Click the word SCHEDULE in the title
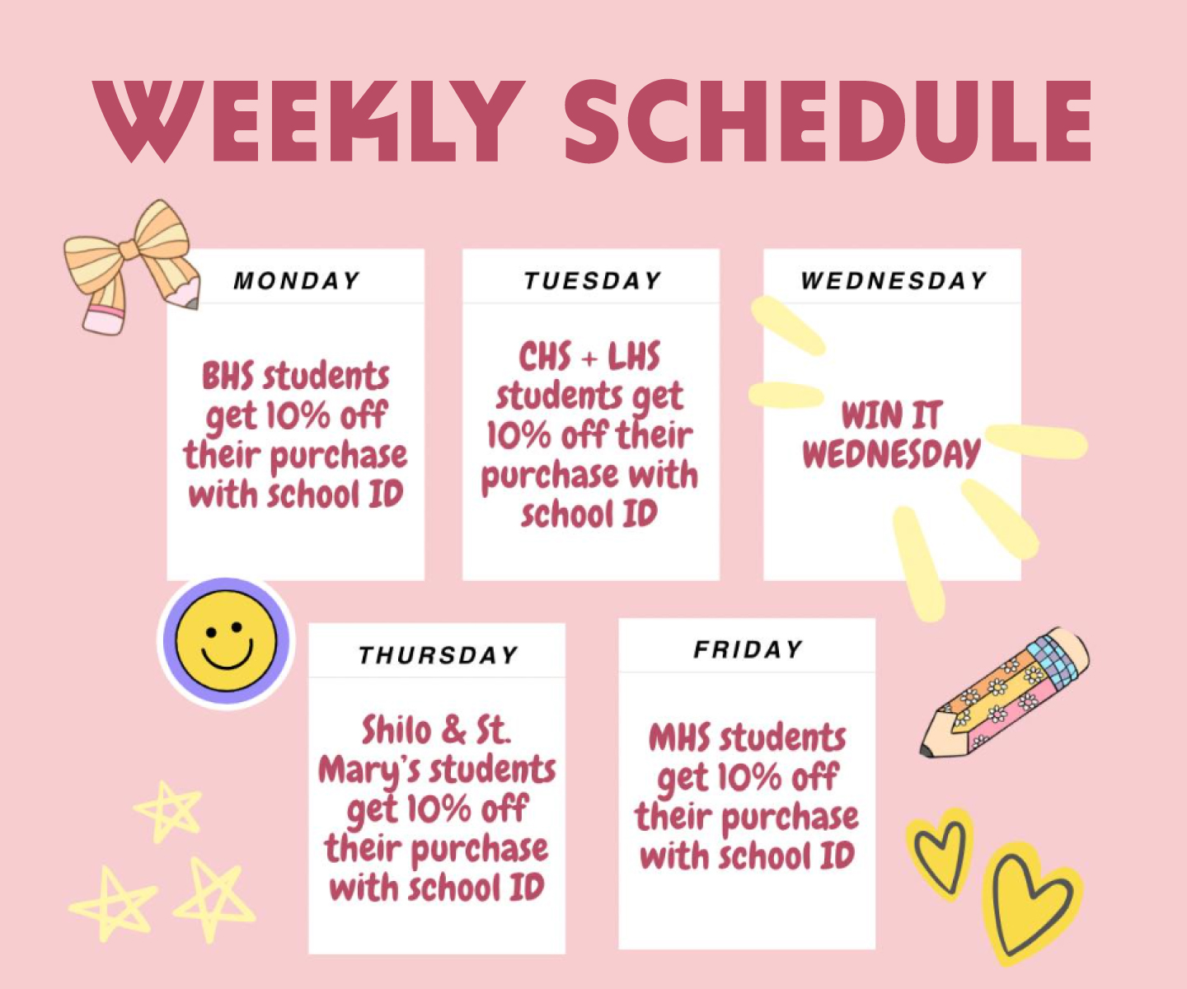828,121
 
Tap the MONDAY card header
297,281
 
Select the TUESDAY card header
593,281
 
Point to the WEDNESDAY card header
893,281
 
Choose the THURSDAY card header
438,655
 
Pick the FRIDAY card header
748,649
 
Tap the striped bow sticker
132,266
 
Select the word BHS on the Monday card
228,376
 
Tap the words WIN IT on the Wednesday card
892,415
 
